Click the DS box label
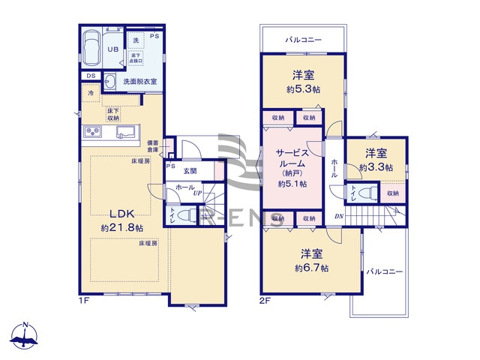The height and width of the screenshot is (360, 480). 90,76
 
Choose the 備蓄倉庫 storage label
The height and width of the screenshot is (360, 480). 152,147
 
